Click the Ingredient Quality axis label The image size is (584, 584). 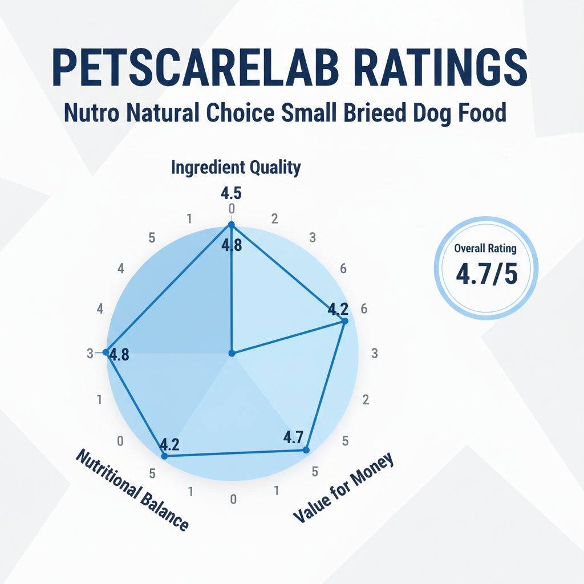point(236,168)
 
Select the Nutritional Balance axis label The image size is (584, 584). point(132,489)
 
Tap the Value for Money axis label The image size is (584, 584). point(343,488)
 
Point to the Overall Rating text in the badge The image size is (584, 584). point(486,248)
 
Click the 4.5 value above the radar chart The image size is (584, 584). point(231,193)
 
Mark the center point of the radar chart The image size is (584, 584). point(232,354)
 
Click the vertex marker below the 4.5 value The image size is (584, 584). point(231,225)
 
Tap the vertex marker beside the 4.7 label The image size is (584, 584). point(306,451)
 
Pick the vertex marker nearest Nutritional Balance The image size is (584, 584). point(164,456)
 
